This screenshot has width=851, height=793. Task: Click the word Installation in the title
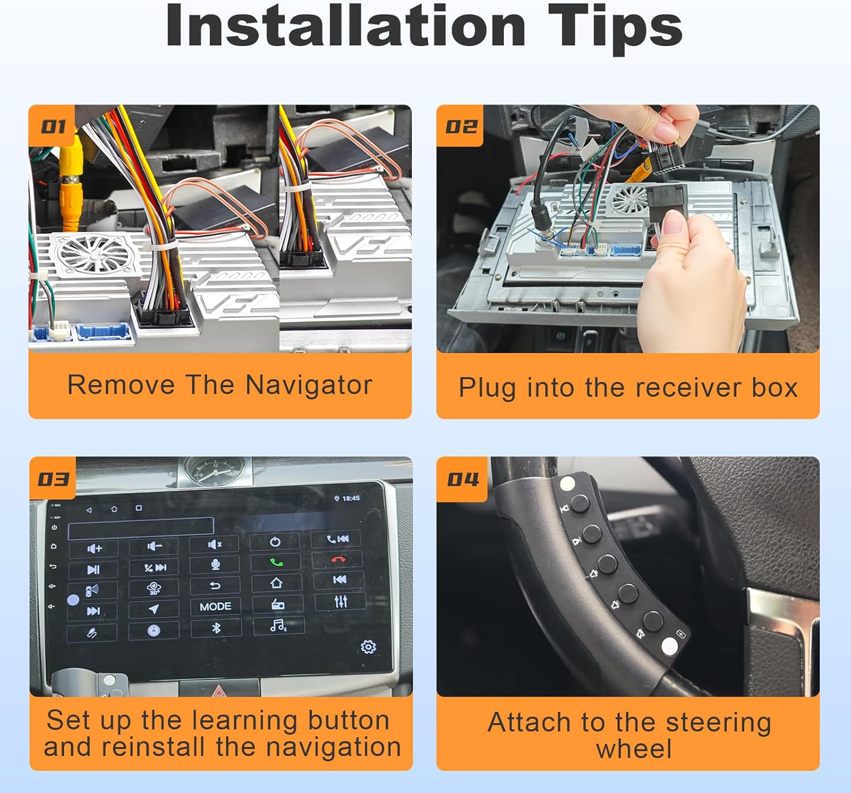click(346, 26)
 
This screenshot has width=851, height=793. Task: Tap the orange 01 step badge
click(53, 126)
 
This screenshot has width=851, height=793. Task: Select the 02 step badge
click(461, 126)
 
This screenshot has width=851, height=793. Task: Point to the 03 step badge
click(53, 479)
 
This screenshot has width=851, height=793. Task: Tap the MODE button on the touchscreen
click(215, 606)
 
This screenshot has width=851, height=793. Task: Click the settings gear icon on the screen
click(368, 647)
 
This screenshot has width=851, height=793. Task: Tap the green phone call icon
click(276, 562)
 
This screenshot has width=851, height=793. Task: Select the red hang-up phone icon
click(338, 560)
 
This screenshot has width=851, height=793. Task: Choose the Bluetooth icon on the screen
click(216, 628)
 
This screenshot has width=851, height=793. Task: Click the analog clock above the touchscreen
click(215, 471)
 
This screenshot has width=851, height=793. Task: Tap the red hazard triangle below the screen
click(219, 691)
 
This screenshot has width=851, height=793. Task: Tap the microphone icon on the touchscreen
click(215, 564)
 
